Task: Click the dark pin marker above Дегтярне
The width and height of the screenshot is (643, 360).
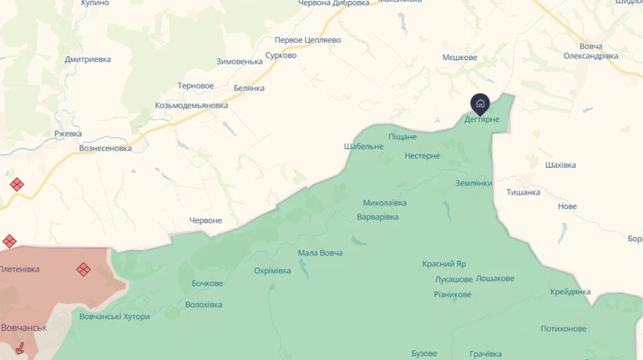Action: tap(480, 104)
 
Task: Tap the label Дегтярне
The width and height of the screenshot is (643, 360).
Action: tap(482, 119)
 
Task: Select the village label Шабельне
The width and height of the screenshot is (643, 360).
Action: tap(364, 146)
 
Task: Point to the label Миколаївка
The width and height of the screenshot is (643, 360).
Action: tap(385, 203)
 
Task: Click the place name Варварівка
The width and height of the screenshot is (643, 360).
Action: tap(377, 217)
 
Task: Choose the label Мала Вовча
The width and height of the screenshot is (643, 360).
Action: tap(321, 253)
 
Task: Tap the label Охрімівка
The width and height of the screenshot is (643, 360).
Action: tap(273, 271)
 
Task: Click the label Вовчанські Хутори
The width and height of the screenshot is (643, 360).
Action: tap(114, 317)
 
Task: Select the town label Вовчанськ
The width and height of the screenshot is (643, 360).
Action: tap(23, 327)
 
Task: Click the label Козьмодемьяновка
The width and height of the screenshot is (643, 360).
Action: tap(191, 105)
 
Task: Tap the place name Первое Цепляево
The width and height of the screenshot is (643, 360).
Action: tap(308, 40)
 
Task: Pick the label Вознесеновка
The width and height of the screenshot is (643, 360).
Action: tap(105, 149)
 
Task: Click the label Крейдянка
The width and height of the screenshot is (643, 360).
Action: tap(570, 292)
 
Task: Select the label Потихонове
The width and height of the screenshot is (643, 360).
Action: tap(564, 328)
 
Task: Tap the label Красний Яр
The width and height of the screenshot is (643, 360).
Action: tap(444, 264)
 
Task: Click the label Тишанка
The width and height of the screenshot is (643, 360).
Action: tap(523, 192)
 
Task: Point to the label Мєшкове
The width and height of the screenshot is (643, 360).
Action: tap(459, 58)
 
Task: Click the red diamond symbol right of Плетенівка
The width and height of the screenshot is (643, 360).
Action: tap(84, 269)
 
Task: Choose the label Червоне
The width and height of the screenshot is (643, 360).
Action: tap(206, 221)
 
